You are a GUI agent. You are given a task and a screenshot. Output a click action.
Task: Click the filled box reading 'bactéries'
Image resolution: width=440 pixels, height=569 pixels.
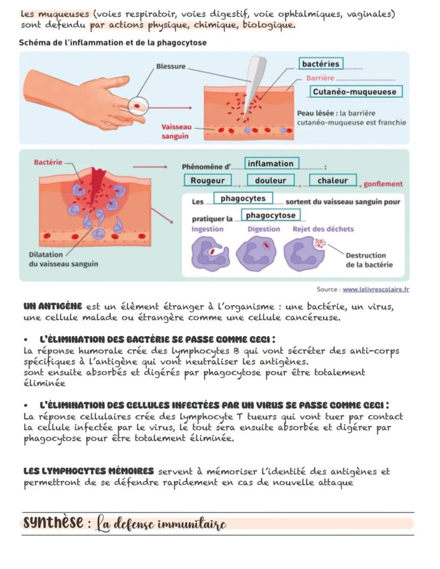point(320,64)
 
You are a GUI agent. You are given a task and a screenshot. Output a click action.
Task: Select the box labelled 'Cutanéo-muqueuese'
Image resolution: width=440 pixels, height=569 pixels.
point(354,92)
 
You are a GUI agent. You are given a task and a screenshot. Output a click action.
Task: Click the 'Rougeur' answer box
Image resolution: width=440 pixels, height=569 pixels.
point(207,181)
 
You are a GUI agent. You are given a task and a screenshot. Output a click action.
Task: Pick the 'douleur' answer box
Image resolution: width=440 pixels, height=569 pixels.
point(270,181)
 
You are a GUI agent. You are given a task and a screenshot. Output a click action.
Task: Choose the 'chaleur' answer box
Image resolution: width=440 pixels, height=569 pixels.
point(333,181)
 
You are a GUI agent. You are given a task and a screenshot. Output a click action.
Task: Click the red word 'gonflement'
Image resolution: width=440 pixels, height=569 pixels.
point(383,184)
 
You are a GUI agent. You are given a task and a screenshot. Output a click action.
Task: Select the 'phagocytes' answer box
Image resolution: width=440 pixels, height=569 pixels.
point(243,198)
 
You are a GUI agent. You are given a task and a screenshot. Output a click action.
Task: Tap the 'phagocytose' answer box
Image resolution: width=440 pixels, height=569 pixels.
point(270,215)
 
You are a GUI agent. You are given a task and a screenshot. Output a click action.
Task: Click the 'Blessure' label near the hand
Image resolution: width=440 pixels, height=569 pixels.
point(171,66)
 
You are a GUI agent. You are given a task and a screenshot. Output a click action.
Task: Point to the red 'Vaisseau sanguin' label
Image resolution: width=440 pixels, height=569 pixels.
point(175,132)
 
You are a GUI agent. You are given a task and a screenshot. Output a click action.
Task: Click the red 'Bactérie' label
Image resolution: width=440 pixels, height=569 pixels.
point(48,162)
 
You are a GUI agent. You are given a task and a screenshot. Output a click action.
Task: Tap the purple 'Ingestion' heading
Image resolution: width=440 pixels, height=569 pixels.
point(207,229)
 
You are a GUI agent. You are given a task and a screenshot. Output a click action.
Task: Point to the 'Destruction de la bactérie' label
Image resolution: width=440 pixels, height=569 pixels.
point(369,260)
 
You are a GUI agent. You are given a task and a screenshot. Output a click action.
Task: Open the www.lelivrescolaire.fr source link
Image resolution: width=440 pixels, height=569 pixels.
point(376,290)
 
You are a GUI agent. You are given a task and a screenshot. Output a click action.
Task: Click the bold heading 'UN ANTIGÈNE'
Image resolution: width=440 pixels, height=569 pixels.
point(53,306)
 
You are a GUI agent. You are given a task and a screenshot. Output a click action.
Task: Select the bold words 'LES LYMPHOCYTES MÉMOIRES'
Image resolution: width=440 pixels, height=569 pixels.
point(89,471)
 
